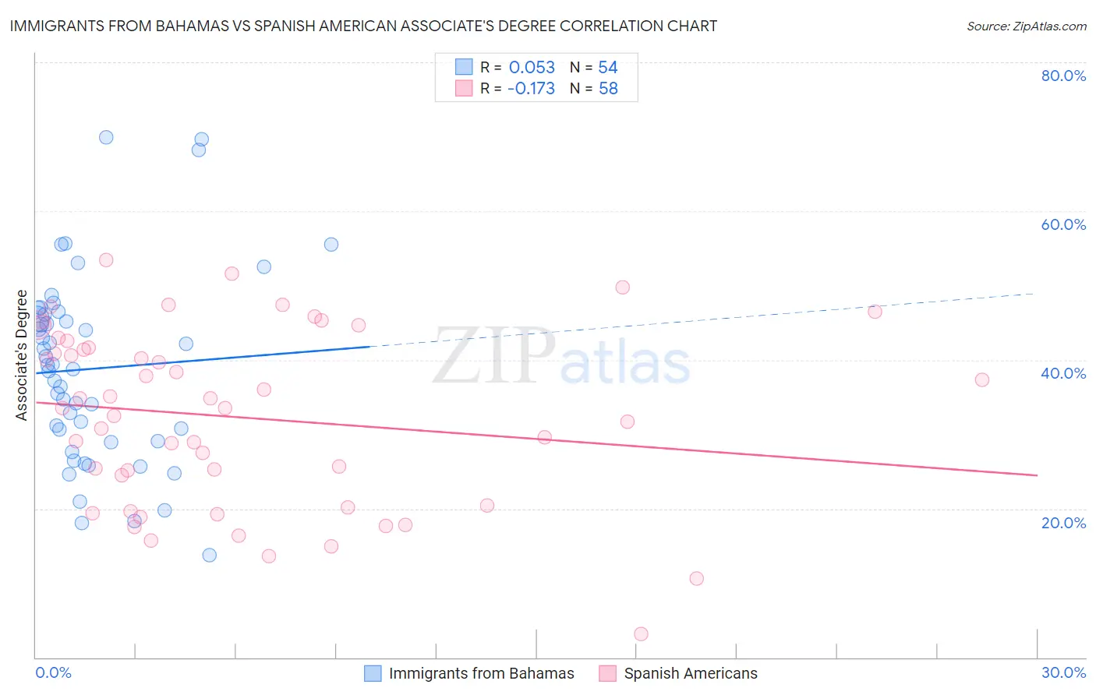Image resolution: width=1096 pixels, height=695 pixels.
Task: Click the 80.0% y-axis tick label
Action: click(x=1063, y=76)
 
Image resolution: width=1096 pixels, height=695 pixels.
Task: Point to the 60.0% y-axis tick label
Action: click(x=1063, y=224)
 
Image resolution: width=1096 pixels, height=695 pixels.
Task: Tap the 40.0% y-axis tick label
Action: click(x=1063, y=373)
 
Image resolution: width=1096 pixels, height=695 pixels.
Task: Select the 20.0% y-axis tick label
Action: click(x=1063, y=523)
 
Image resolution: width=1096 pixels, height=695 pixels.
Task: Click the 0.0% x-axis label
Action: click(x=53, y=672)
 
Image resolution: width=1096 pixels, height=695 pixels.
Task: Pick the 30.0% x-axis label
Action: click(x=1063, y=672)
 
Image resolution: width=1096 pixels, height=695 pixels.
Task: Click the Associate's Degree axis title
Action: click(x=22, y=355)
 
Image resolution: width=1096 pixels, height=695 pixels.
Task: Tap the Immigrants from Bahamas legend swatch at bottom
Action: click(x=373, y=673)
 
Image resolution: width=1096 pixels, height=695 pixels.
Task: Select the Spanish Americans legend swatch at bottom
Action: click(x=608, y=673)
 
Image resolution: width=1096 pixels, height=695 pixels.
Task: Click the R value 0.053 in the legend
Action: click(x=532, y=68)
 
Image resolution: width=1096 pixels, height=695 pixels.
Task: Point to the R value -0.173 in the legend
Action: click(x=531, y=89)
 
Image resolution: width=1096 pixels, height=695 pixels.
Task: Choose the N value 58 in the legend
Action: click(x=608, y=89)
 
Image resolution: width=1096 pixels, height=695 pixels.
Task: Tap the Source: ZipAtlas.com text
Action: click(x=1026, y=26)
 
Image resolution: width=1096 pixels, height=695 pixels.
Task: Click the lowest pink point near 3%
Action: click(x=641, y=634)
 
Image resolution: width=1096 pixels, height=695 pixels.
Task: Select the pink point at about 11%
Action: click(x=696, y=578)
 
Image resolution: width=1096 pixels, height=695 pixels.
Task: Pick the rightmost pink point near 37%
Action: click(x=981, y=379)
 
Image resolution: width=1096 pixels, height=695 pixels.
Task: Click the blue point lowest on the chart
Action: click(x=209, y=555)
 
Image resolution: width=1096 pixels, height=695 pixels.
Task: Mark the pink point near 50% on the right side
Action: click(x=622, y=287)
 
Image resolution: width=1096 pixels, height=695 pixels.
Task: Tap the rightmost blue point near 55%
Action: click(x=331, y=244)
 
